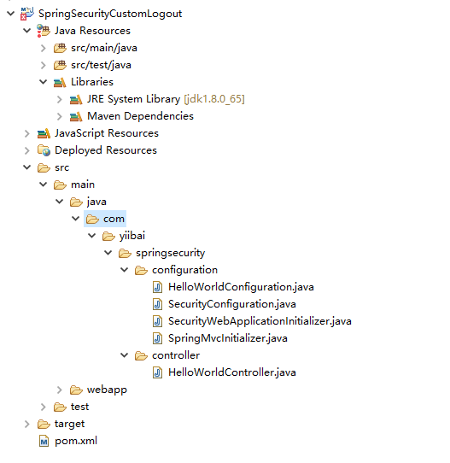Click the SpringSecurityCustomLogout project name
tap(110, 14)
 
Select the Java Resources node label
tap(92, 31)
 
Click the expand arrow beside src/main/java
tap(43, 48)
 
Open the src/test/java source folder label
tap(101, 65)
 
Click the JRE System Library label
tap(133, 99)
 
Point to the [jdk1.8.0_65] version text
tap(214, 99)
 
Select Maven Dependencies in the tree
tap(140, 116)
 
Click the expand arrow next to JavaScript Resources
tap(26, 133)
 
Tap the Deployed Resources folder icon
tap(44, 150)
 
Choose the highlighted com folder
tap(105, 219)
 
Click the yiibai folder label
tap(132, 236)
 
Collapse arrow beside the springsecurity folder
tap(108, 253)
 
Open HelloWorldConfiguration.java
tap(241, 287)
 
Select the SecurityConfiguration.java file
tap(232, 304)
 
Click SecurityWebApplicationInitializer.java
tap(260, 321)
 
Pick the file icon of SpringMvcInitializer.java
tap(158, 338)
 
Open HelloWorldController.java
tap(232, 372)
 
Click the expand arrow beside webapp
tap(59, 390)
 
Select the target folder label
tap(70, 424)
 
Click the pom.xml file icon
tap(44, 441)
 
